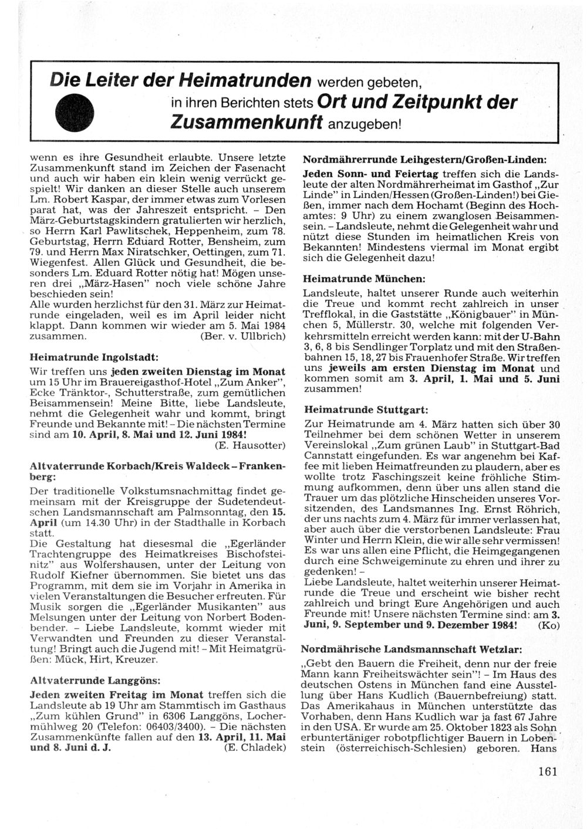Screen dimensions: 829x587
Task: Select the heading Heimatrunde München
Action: tap(364, 279)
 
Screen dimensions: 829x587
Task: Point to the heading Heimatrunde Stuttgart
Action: tap(366, 409)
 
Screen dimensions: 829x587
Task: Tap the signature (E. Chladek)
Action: tap(255, 747)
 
